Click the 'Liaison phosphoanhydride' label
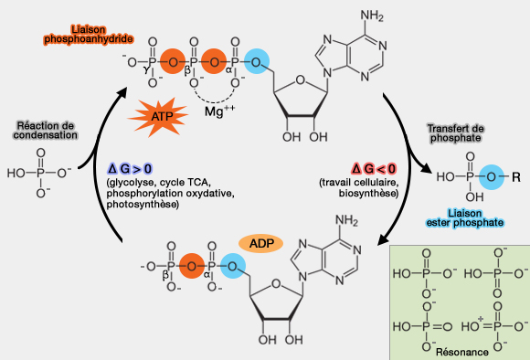[89, 35]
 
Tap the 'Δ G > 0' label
[130, 169]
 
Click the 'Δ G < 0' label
[374, 169]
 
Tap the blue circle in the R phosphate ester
[471, 176]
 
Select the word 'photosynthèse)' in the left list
[142, 205]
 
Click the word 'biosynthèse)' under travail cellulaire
[372, 194]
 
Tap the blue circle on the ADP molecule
[235, 266]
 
